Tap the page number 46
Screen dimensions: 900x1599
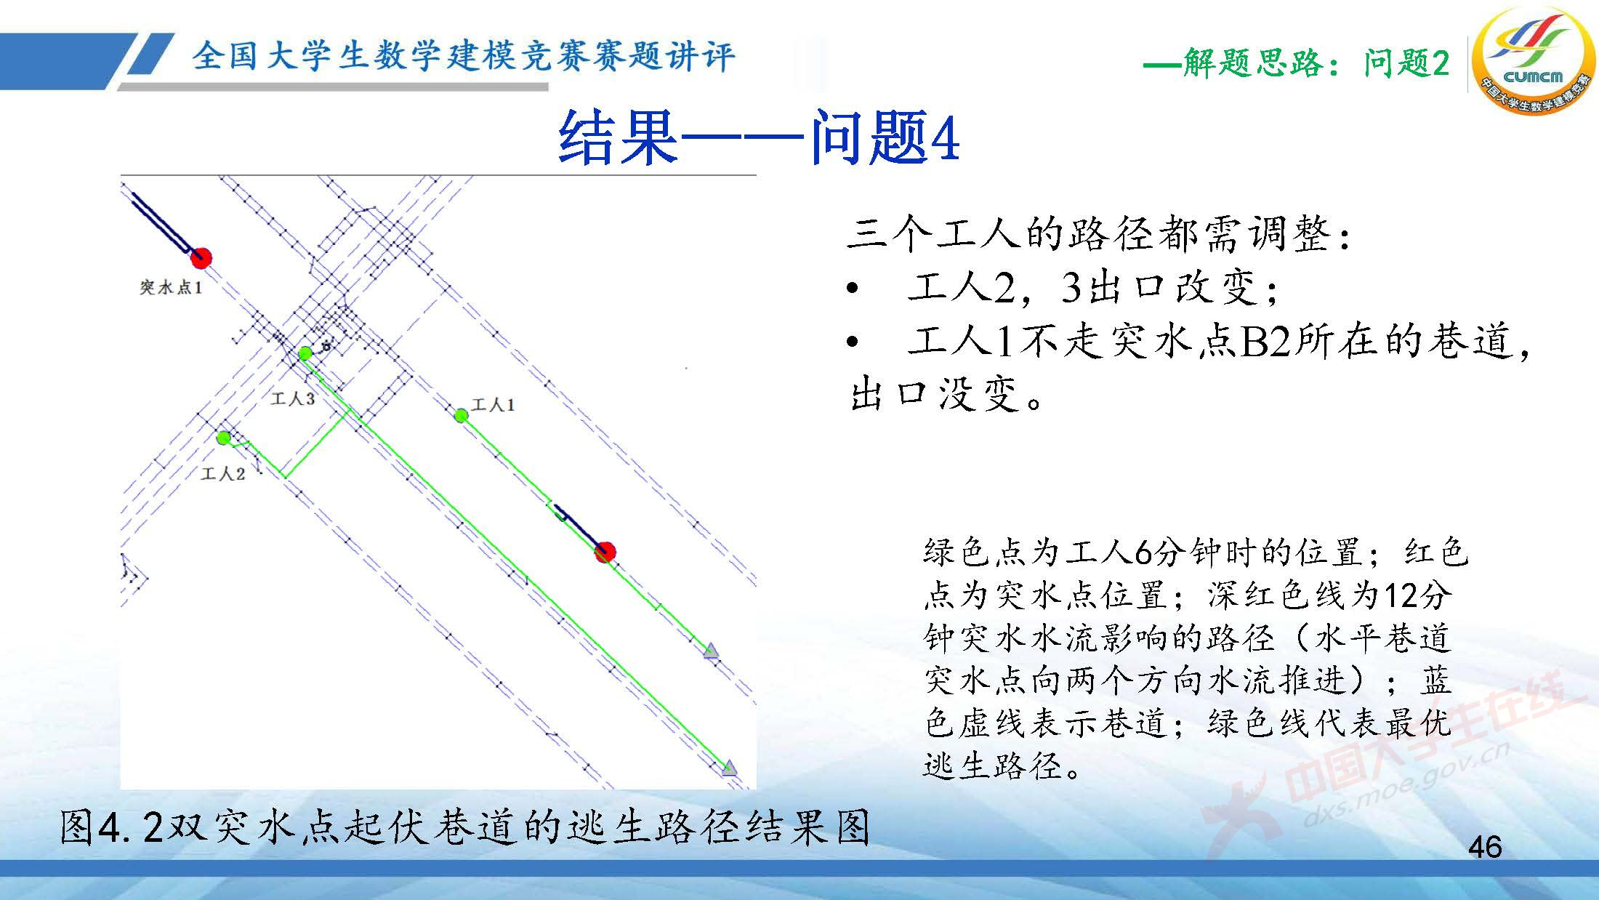(1485, 847)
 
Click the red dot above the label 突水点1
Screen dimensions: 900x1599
(201, 257)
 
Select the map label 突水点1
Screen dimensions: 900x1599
(171, 288)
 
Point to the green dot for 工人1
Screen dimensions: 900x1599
(461, 416)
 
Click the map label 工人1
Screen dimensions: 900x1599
(494, 405)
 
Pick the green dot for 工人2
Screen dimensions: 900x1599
(224, 438)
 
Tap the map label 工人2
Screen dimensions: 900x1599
(223, 474)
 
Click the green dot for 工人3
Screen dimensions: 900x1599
(305, 353)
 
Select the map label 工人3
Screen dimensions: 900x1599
(292, 398)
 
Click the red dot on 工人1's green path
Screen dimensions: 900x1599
(605, 553)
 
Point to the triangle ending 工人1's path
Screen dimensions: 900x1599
(711, 651)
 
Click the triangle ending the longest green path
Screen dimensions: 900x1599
(729, 768)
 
